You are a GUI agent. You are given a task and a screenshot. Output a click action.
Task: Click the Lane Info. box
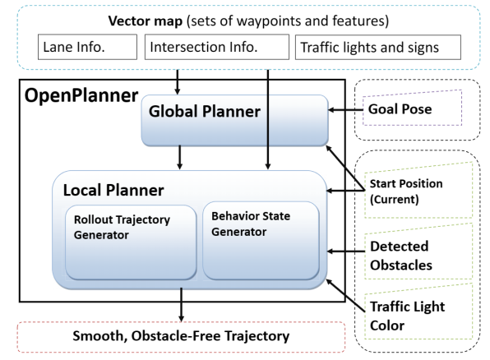tap(87, 47)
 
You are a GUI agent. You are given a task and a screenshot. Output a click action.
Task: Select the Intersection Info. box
tap(216, 47)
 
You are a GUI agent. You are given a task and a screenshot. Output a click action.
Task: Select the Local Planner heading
tap(113, 191)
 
